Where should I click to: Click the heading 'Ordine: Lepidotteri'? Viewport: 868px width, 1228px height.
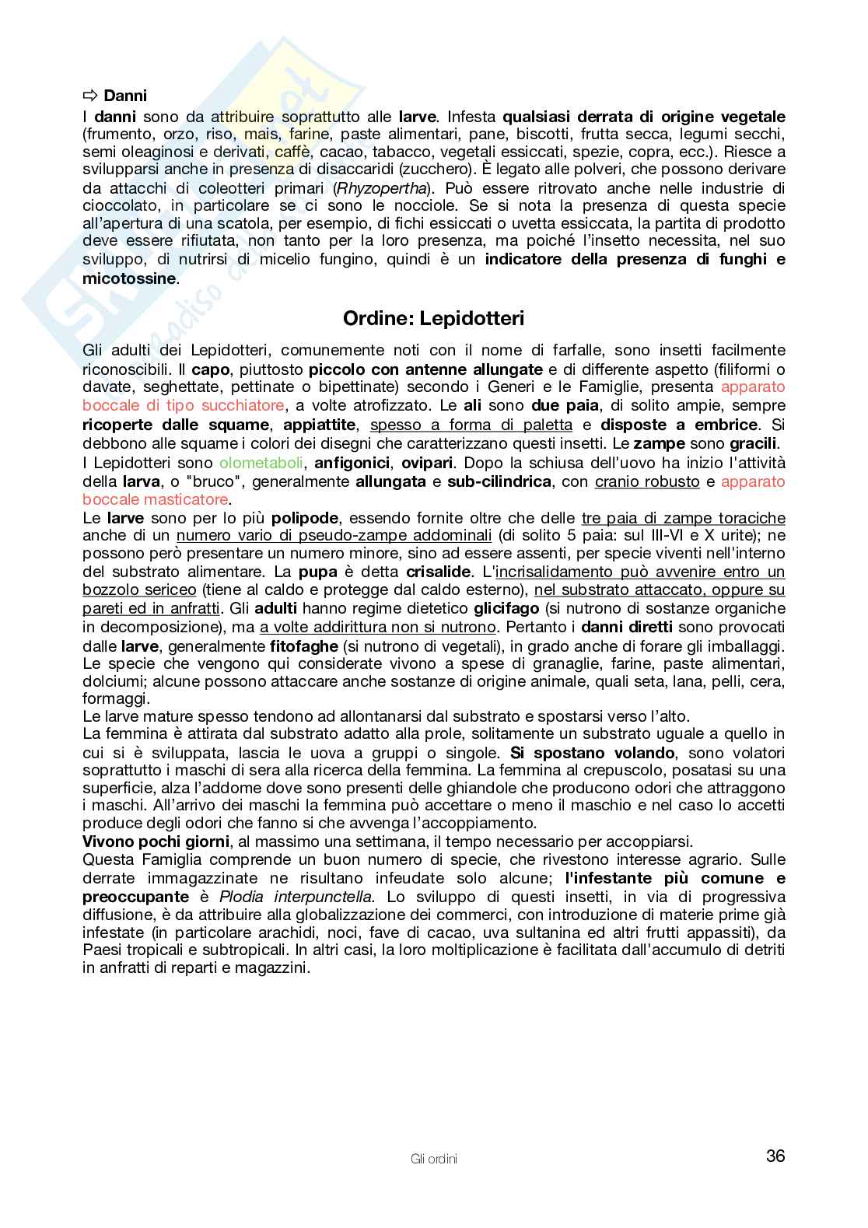pos(434,318)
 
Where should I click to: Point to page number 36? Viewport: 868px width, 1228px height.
pos(775,1156)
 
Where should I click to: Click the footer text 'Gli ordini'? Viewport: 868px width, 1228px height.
pos(433,1159)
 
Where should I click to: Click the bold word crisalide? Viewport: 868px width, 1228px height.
pos(438,572)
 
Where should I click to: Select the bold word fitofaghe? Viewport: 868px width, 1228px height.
pos(304,646)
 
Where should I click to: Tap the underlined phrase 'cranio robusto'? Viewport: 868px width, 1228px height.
pos(647,481)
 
